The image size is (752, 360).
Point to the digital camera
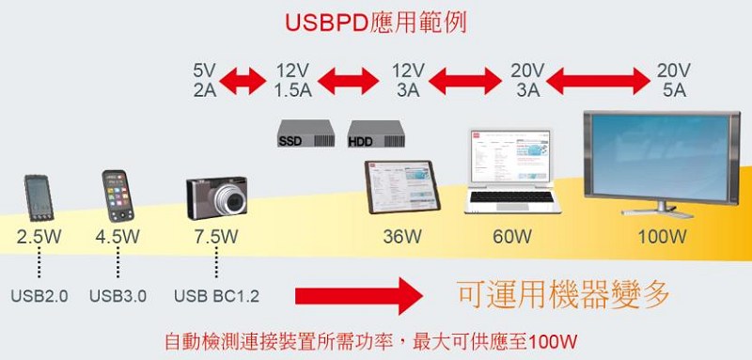(x=217, y=196)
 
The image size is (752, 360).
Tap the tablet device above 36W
(x=401, y=187)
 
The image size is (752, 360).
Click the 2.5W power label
(x=39, y=237)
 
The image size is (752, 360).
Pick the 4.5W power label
(x=117, y=237)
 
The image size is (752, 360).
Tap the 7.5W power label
(x=216, y=237)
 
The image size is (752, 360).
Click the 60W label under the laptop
(x=513, y=237)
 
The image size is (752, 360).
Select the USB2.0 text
(x=39, y=296)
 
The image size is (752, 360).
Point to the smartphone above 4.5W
(x=117, y=196)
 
